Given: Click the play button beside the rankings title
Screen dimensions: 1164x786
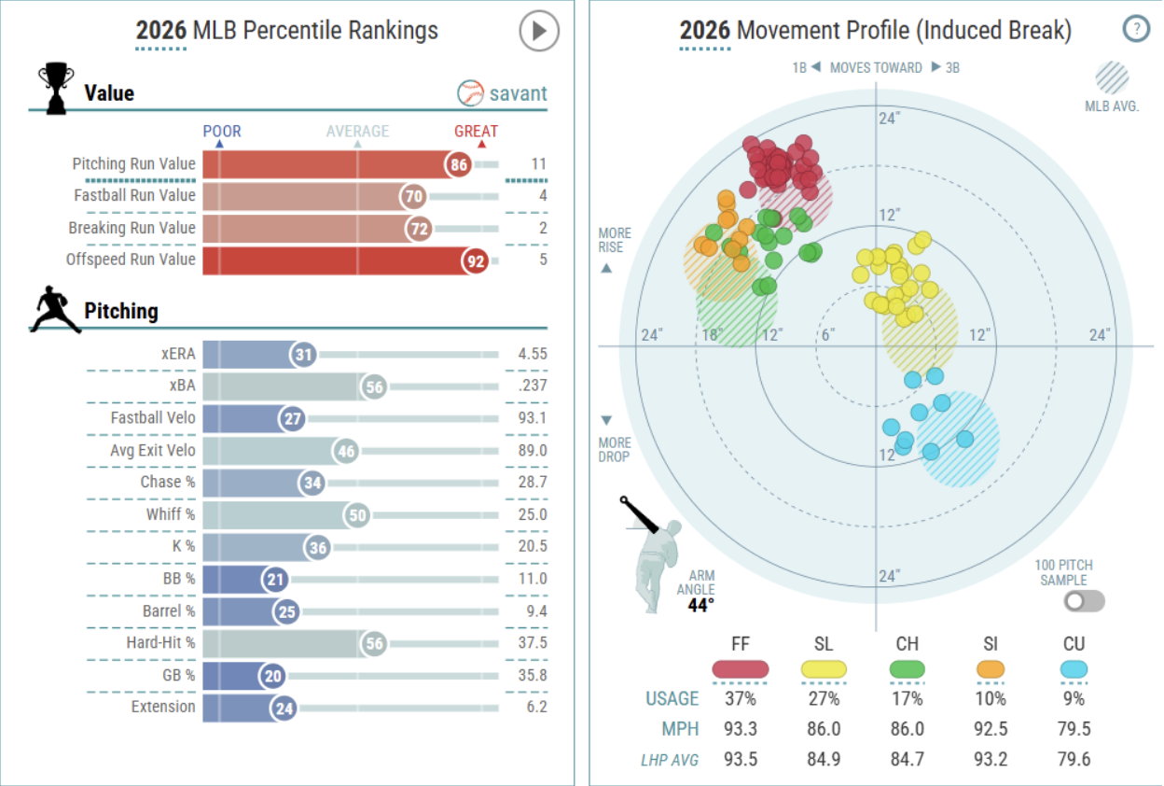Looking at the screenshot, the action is (x=539, y=31).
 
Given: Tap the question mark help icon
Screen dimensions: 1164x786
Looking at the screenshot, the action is (x=1135, y=29).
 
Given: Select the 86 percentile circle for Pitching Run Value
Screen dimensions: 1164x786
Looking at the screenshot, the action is (x=458, y=165).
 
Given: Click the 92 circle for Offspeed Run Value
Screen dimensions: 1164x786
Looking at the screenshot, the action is (x=475, y=261).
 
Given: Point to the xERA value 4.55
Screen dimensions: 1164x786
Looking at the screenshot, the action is (x=533, y=354).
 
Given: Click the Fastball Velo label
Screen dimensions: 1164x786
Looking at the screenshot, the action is (x=153, y=417).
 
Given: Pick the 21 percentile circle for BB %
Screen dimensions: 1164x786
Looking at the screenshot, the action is (x=275, y=580).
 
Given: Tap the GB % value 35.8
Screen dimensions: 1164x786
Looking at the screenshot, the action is (x=533, y=675).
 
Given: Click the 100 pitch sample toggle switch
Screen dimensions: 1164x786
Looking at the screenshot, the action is (x=1084, y=601).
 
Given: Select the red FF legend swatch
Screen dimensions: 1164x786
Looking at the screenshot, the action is (x=740, y=669).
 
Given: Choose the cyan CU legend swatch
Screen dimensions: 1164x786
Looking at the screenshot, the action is (x=1074, y=669).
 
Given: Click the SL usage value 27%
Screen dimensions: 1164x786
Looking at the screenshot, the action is (x=824, y=698).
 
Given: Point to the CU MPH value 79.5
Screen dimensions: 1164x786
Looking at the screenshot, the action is (x=1074, y=729).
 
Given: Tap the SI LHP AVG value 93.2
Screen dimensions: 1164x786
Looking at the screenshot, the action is (x=991, y=760).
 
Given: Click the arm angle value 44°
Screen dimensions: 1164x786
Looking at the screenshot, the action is (x=701, y=606).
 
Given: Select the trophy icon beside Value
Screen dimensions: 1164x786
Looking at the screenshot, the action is (x=56, y=88).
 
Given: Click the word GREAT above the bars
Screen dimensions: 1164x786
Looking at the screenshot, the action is (x=476, y=131).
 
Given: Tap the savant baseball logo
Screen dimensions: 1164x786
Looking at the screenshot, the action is (x=470, y=93).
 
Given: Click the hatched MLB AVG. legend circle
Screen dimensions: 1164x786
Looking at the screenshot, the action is (x=1112, y=78).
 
